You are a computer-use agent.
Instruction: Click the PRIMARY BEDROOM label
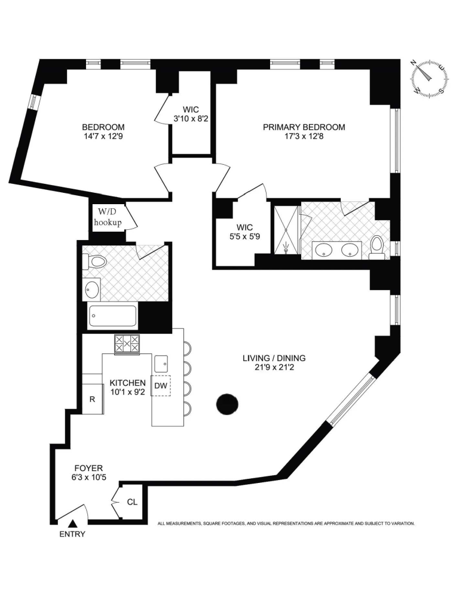click(304, 127)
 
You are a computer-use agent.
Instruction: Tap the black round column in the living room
click(227, 404)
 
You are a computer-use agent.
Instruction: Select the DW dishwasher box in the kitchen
click(161, 385)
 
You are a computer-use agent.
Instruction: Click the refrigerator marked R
click(93, 399)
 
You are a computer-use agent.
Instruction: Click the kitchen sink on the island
click(161, 364)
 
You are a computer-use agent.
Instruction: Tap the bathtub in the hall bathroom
click(113, 317)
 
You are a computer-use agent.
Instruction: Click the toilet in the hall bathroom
click(94, 261)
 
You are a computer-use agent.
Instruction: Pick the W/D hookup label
click(108, 218)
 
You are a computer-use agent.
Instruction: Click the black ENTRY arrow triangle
click(72, 524)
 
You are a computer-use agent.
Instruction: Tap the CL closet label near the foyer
click(132, 502)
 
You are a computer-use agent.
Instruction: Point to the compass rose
click(429, 78)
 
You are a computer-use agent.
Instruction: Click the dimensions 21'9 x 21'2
click(274, 367)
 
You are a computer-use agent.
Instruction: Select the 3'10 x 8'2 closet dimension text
click(191, 119)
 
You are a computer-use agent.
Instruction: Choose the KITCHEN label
click(128, 383)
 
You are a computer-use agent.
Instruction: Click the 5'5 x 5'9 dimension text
click(244, 236)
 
